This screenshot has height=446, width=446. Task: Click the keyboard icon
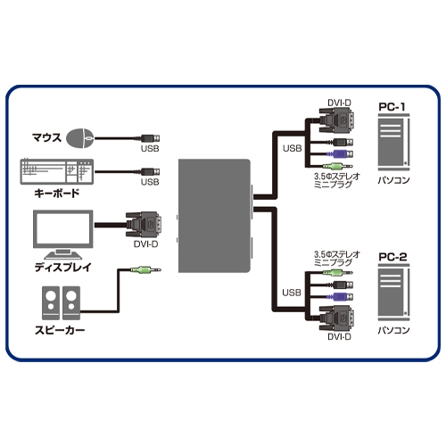55,171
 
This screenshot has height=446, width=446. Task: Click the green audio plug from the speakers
140,269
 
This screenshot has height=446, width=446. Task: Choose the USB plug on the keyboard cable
151,170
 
